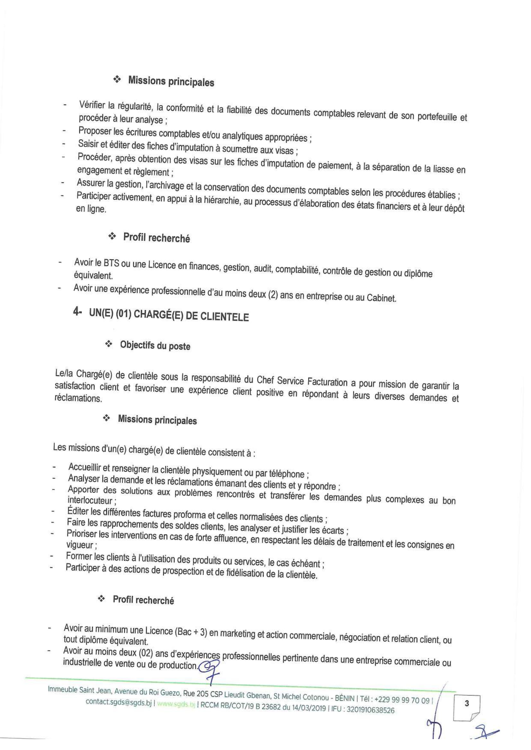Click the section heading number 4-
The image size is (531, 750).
[78, 312]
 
